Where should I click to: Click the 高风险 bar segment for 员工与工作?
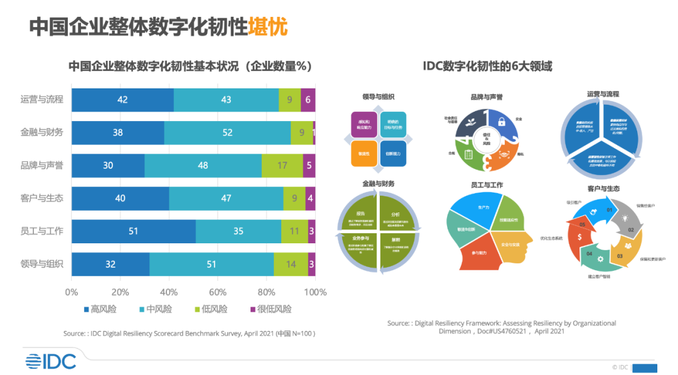pos(133,231)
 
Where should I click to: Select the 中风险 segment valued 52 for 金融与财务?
pos(227,132)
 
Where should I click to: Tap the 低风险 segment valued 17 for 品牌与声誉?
pos(282,166)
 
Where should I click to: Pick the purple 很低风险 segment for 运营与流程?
pos(308,100)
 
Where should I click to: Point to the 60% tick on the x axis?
pos(217,292)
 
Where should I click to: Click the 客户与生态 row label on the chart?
pos(42,198)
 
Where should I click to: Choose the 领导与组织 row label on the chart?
pos(42,264)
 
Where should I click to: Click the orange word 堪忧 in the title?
pos(268,27)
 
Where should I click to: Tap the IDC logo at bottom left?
pos(51,361)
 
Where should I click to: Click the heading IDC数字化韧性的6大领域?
pos(487,66)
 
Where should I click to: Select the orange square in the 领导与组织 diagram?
pos(364,154)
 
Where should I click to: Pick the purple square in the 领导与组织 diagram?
pos(364,124)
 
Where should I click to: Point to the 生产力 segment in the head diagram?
pos(483,208)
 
